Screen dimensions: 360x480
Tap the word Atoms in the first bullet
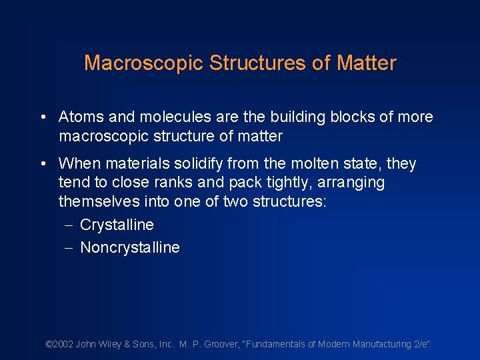point(81,117)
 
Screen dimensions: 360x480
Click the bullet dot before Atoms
point(43,117)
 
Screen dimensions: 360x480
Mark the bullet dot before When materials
point(43,163)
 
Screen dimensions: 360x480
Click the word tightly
point(254,183)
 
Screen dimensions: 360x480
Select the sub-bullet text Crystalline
point(117,225)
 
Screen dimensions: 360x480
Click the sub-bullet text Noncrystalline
point(130,248)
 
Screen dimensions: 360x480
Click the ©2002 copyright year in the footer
point(59,344)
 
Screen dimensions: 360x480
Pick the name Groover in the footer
point(225,344)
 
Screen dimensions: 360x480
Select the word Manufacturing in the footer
point(377,344)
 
